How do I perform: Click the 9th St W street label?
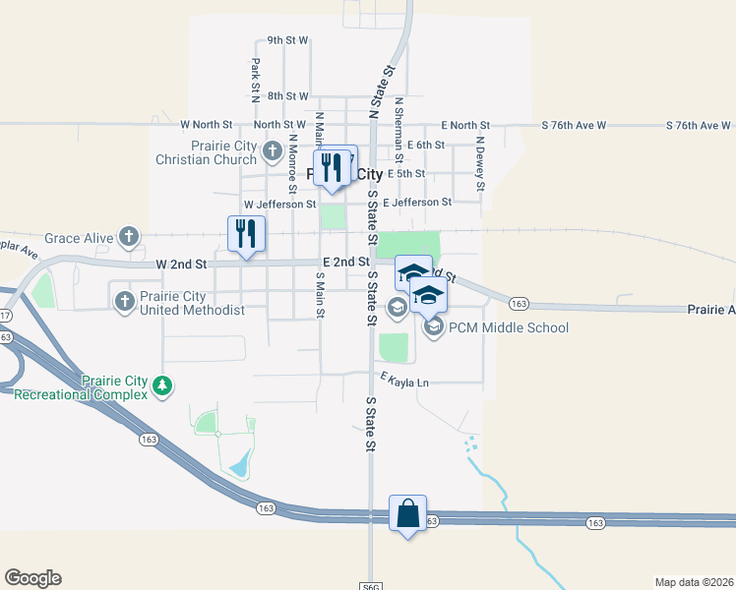288,40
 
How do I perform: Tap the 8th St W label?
287,96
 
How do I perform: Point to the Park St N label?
255,81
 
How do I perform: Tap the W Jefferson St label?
279,205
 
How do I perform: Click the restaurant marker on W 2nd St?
245,234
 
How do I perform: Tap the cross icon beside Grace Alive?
128,236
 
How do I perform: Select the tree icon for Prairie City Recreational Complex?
165,388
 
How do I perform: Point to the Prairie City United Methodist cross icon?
124,302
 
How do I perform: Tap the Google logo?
32,578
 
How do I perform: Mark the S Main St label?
320,294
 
